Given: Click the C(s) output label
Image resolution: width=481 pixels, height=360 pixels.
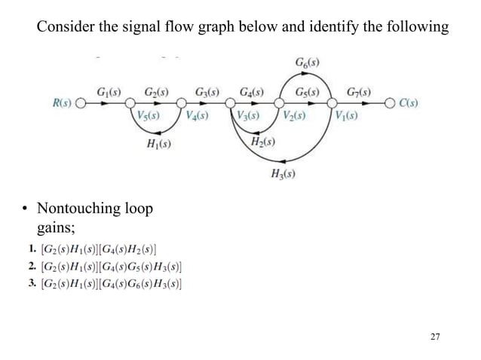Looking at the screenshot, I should pos(409,102).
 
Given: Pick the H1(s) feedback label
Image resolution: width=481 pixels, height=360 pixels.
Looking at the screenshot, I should pos(158,145).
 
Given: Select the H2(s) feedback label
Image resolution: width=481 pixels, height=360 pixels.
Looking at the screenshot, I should pos(261,142).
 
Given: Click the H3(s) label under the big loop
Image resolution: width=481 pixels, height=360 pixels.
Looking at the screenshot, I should pos(282,175).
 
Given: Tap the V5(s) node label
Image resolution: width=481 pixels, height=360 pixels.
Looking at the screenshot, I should pos(148,116).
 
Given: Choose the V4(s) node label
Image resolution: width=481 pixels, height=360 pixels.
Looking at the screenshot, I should pos(198,116).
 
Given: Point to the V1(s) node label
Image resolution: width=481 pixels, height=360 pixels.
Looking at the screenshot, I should pos(345,116).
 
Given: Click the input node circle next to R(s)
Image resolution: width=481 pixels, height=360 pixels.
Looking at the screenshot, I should pos(79,103).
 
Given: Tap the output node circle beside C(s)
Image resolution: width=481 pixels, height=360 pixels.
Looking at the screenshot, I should pos(390,103).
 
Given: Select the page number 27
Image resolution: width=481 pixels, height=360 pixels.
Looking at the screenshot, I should pos(434,336).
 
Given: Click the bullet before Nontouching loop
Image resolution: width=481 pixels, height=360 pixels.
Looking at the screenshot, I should pos(25,208).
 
